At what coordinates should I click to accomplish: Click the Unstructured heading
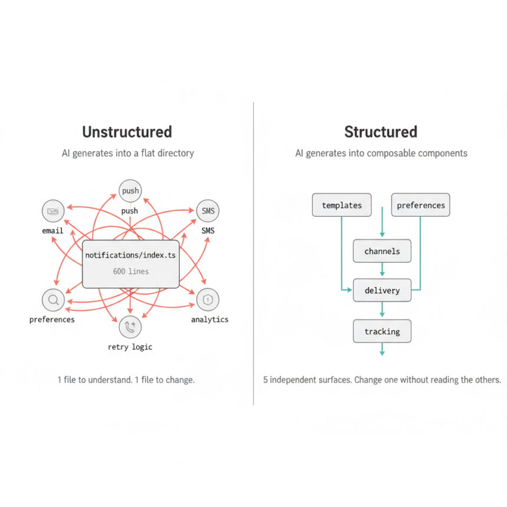pos(127,131)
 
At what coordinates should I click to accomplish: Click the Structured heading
pos(380,131)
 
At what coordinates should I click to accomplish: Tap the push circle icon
pos(130,191)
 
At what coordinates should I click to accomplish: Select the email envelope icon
pos(53,211)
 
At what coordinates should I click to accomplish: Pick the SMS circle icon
pos(208,211)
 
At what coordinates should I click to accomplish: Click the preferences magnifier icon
pos(53,300)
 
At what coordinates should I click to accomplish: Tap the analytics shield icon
pos(208,300)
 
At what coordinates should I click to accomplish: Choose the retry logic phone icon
pos(130,327)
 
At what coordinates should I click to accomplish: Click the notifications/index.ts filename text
pos(130,255)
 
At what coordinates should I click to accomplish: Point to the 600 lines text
pos(130,272)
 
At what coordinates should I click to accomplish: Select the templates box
pos(342,205)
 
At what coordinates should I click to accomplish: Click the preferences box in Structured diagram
pos(420,205)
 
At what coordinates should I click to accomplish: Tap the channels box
pos(382,251)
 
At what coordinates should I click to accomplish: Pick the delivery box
pos(382,291)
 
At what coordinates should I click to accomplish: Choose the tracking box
pos(382,331)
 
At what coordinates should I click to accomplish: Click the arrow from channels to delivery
pos(382,271)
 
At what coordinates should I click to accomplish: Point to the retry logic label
pos(130,347)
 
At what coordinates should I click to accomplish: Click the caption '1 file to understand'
pos(94,380)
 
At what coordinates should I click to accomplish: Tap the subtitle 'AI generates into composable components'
pos(381,153)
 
